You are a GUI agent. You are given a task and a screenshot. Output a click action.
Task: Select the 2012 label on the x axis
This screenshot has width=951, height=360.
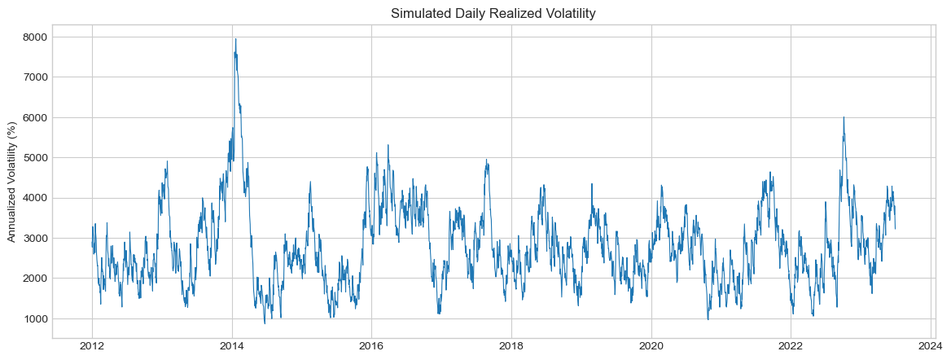[92, 348]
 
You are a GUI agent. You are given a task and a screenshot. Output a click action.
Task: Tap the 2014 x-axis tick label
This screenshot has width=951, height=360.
[232, 348]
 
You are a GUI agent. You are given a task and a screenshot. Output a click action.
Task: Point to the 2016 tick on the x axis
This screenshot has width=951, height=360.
[371, 348]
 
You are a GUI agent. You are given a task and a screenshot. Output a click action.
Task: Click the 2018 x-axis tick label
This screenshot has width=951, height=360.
[511, 348]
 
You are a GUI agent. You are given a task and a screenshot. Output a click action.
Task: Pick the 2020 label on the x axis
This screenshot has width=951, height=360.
[651, 348]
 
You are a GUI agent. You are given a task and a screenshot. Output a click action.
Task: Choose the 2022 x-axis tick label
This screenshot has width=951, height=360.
[791, 348]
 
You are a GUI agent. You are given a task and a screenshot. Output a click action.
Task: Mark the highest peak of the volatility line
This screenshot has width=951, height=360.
[236, 39]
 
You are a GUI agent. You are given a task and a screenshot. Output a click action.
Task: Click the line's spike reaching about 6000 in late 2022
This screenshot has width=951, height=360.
[844, 117]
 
